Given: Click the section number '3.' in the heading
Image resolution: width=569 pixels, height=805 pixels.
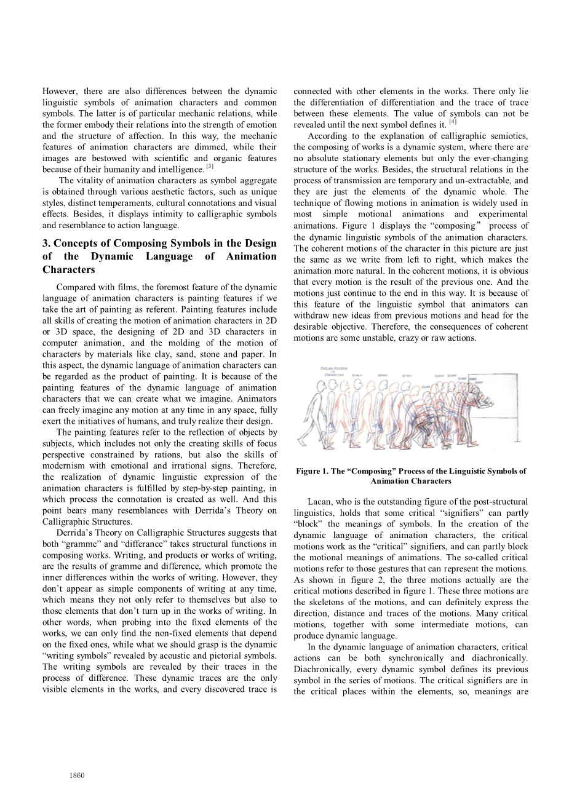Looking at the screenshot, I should tap(47, 243).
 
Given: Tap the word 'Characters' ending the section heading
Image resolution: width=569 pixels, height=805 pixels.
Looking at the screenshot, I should tap(69, 270).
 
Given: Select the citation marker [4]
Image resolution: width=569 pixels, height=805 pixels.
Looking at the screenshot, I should tap(452, 122).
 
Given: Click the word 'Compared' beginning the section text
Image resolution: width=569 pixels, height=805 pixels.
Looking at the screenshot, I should tap(76, 287).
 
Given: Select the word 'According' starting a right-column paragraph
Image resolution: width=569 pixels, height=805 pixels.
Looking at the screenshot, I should tap(327, 136).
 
